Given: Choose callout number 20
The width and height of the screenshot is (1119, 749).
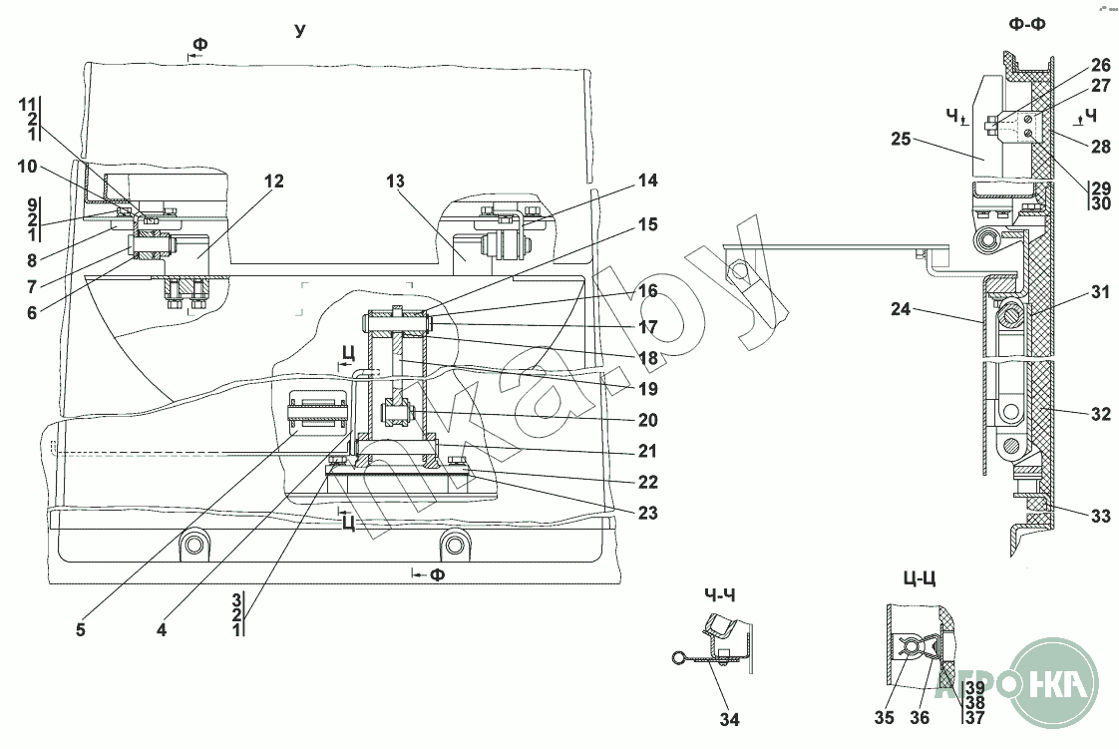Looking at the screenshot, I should coord(648,420).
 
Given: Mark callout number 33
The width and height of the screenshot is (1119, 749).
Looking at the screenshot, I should coord(1099,517).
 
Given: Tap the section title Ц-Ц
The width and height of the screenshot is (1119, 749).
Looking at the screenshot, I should coord(920,577).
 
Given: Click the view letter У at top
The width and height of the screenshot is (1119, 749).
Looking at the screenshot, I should coord(300,31).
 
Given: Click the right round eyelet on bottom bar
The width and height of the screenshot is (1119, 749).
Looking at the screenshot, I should coord(456,544).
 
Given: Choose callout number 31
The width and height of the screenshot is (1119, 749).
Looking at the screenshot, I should coord(1099,292).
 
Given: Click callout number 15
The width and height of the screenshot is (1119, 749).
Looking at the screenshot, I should coord(648,225).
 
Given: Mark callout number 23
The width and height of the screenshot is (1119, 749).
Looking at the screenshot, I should coord(648,515).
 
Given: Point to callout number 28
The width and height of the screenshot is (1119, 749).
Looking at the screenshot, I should coord(1099,147).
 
